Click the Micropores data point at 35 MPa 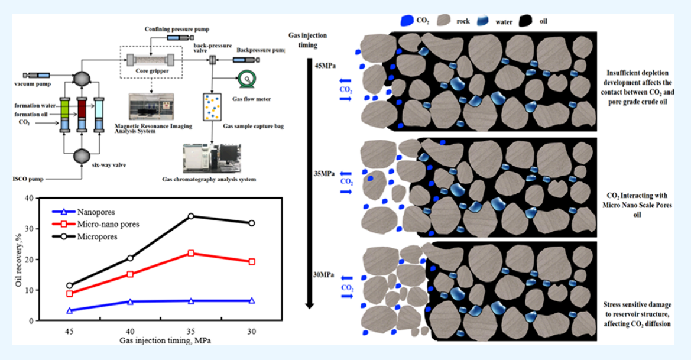[191, 216]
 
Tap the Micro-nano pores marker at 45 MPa [70, 294]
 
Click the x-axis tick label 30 [252, 331]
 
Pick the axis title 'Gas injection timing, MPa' [161, 340]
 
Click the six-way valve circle [82, 155]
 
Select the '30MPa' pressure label [325, 275]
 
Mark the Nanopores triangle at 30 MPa [252, 300]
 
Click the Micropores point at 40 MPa [130, 258]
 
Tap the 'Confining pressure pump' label [177, 29]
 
